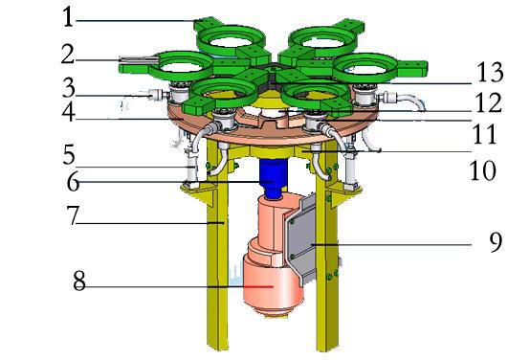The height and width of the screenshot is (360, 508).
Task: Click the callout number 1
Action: coord(68,17)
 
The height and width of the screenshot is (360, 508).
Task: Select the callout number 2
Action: coord(68,54)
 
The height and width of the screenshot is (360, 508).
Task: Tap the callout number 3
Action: coord(69,87)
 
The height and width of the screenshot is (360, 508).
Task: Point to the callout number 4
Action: coord(69,112)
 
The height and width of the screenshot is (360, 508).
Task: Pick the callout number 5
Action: coord(69,154)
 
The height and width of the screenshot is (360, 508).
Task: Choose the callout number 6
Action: coord(73,182)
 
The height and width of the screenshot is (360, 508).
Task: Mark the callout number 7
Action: coord(73,215)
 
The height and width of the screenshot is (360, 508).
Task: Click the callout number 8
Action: coord(79,281)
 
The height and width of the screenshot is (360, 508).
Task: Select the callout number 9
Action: coord(496,242)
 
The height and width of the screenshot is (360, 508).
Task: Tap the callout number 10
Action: coord(483,170)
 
